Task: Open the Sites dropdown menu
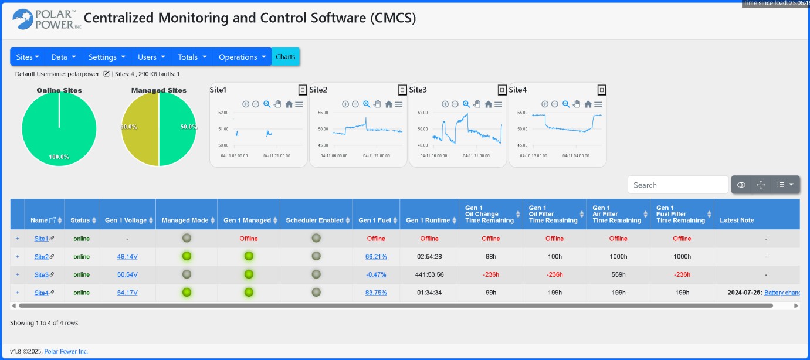pos(28,57)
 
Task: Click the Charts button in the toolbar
pos(286,57)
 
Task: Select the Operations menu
pos(242,57)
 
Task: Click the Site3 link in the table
pos(41,274)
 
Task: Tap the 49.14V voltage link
pos(127,257)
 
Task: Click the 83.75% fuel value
pos(376,293)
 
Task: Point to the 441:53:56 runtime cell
pos(429,274)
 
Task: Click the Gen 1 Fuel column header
pos(375,220)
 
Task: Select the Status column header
pos(80,220)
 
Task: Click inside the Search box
pos(677,185)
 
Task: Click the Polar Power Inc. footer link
pos(66,351)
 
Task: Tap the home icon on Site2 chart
pos(389,104)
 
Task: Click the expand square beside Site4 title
pos(602,90)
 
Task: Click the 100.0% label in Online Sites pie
pos(59,157)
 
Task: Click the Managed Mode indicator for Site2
pos(187,256)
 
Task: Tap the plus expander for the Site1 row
pos(18,239)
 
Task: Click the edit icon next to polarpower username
pos(106,74)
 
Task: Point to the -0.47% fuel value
pos(376,274)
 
